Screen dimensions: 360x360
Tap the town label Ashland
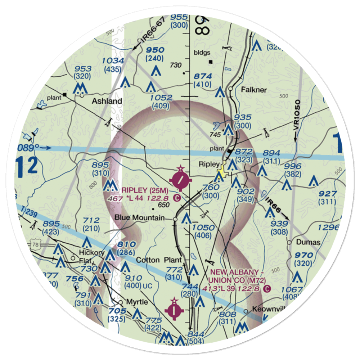tap(107, 101)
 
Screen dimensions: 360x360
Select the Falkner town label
tap(254, 90)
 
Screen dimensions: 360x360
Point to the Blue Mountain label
tap(139, 218)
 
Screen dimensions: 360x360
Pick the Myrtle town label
tap(136, 302)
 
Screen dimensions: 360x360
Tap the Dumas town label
tap(308, 242)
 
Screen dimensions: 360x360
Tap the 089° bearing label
tap(27, 147)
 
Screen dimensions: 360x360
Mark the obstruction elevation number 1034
tap(113, 61)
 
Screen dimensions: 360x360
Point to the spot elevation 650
tap(163, 205)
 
